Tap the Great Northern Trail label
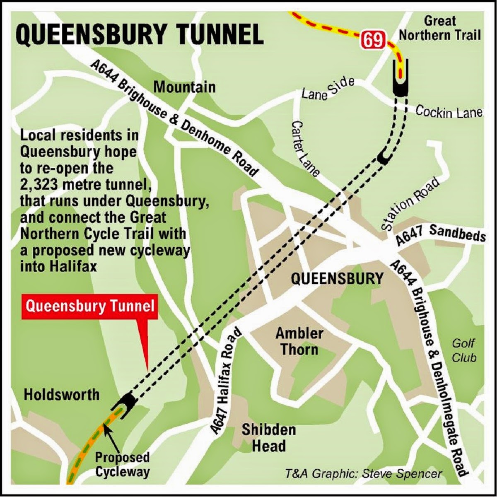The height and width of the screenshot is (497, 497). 440,28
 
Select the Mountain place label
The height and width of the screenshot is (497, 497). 184,87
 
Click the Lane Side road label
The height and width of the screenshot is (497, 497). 328,89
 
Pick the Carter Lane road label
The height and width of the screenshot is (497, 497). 305,148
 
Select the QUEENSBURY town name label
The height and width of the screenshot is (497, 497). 337,279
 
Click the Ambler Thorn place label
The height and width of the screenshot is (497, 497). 299,341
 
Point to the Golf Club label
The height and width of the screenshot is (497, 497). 464,350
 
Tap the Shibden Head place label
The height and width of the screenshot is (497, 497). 269,437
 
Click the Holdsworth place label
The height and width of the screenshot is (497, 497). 62,394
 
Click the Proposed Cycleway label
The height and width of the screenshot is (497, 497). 122,464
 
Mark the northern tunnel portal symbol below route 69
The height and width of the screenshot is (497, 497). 400,79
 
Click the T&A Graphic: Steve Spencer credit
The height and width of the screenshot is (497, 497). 363,473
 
